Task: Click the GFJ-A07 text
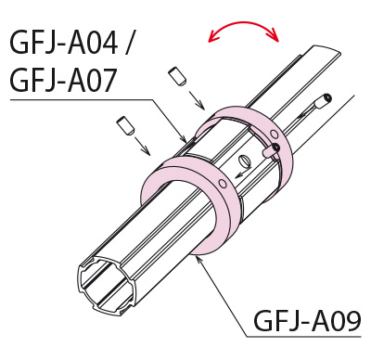pyautogui.click(x=63, y=79)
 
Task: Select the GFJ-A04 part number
pyautogui.click(x=64, y=43)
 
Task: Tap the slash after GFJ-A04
pyautogui.click(x=129, y=43)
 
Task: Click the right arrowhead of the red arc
pyautogui.click(x=275, y=35)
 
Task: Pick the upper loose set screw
pyautogui.click(x=177, y=76)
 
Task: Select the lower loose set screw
pyautogui.click(x=125, y=126)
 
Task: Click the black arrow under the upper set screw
pyautogui.click(x=196, y=100)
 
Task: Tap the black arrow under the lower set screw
pyautogui.click(x=142, y=146)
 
